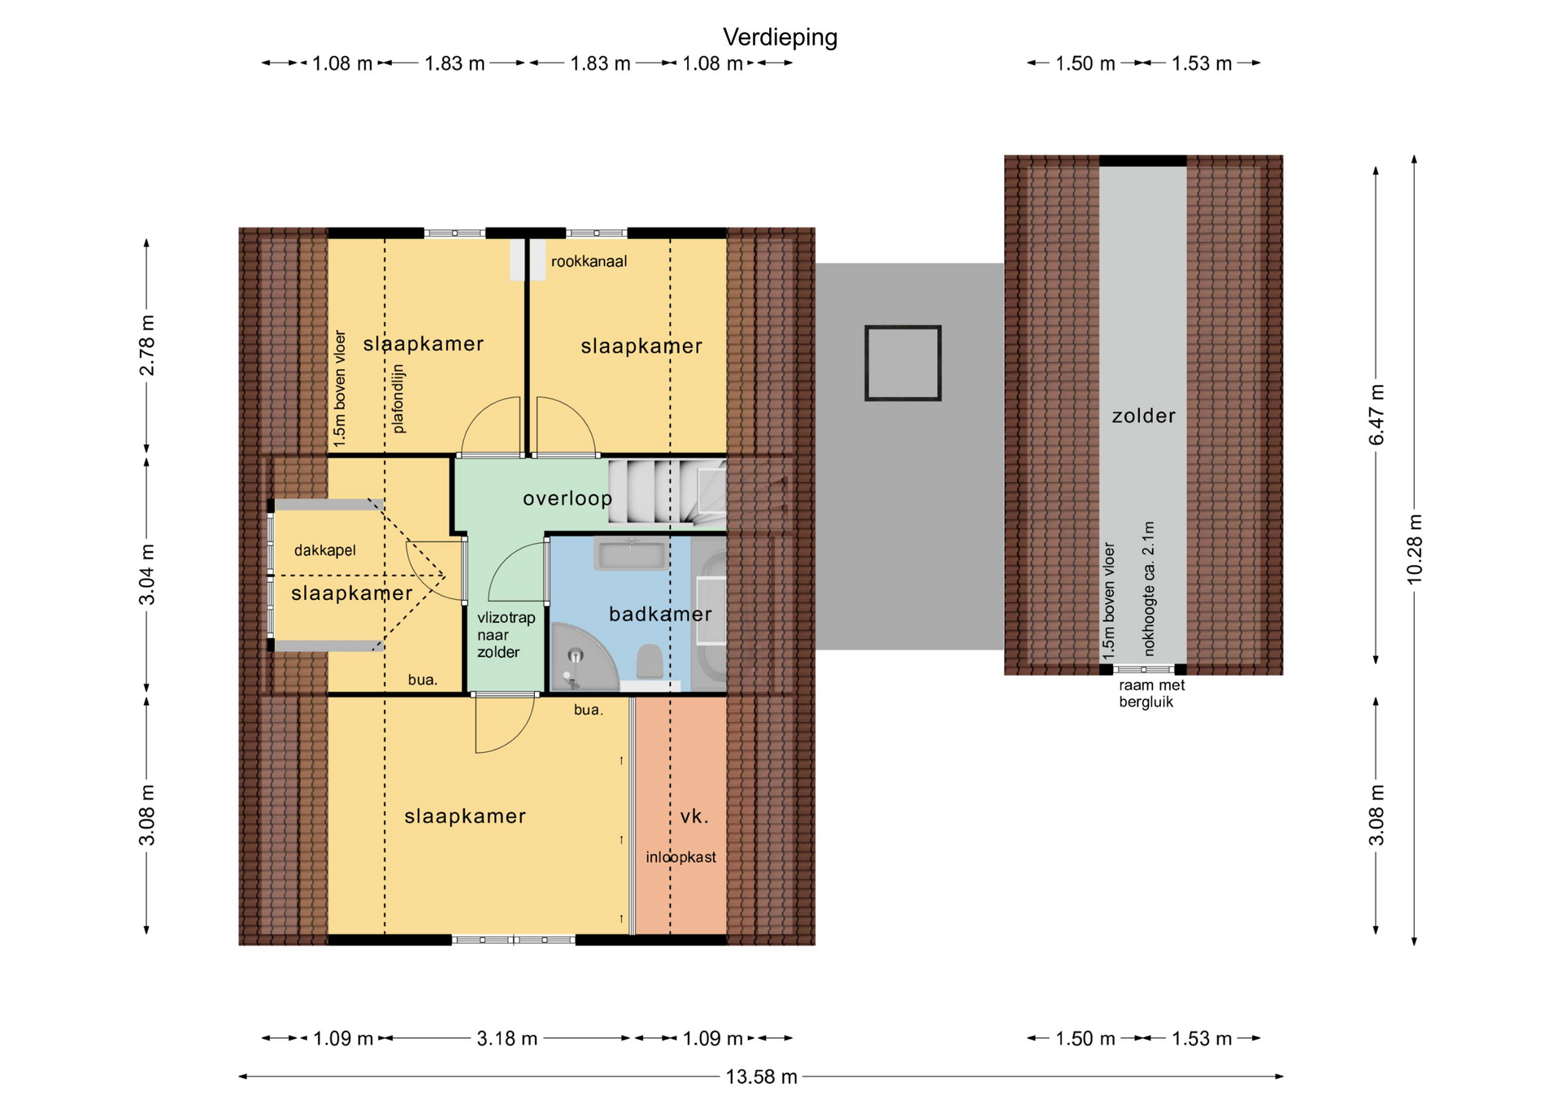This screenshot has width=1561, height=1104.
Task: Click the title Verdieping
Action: pyautogui.click(x=780, y=37)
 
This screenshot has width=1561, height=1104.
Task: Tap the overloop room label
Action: pyautogui.click(x=567, y=498)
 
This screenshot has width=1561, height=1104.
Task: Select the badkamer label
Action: pyautogui.click(x=660, y=614)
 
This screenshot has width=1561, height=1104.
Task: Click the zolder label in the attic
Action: pyautogui.click(x=1143, y=415)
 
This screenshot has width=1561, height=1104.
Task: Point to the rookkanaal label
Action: pyautogui.click(x=589, y=261)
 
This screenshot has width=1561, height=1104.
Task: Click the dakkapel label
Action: pyautogui.click(x=325, y=550)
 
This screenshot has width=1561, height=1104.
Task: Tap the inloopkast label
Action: pyautogui.click(x=680, y=857)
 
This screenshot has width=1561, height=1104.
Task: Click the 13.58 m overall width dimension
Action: pyautogui.click(x=761, y=1076)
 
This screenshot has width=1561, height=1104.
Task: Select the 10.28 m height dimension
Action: pyautogui.click(x=1415, y=549)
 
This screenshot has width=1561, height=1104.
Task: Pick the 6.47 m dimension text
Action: pyautogui.click(x=1376, y=415)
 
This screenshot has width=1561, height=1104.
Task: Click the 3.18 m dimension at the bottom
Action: pyautogui.click(x=507, y=1038)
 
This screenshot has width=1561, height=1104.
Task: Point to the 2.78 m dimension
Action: pyautogui.click(x=146, y=346)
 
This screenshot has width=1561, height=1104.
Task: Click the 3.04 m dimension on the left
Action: pyautogui.click(x=146, y=575)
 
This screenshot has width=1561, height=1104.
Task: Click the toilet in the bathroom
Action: pyautogui.click(x=650, y=661)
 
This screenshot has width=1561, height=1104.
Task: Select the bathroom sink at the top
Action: pyautogui.click(x=632, y=555)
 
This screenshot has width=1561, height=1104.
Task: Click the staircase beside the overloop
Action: pyautogui.click(x=667, y=491)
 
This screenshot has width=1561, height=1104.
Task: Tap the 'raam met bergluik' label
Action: pyautogui.click(x=1151, y=693)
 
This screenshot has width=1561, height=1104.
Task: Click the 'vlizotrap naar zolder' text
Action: pyautogui.click(x=506, y=635)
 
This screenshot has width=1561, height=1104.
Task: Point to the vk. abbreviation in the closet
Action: pyautogui.click(x=694, y=816)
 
